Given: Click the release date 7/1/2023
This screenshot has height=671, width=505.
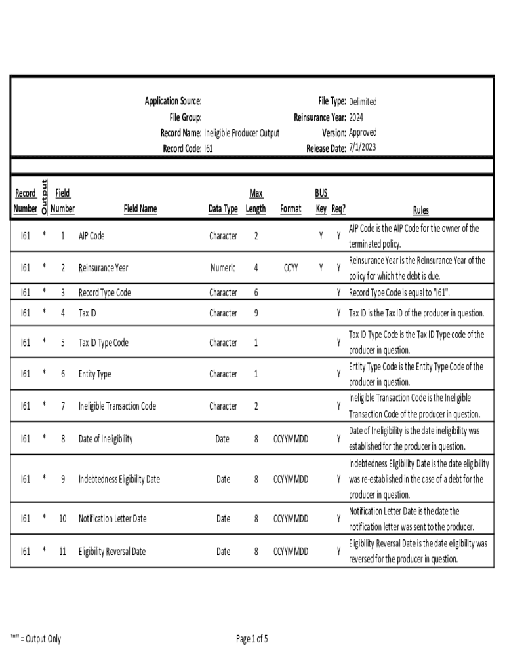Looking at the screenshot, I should tap(363, 148).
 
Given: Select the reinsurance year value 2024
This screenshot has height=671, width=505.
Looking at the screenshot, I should tap(356, 117).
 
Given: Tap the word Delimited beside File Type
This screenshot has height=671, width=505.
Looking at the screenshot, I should tap(363, 102).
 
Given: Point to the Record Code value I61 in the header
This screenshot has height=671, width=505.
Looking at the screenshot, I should tap(208, 149).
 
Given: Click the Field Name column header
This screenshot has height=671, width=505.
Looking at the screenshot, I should tap(140, 209).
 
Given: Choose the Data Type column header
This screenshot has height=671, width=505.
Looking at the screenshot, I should tap(223, 209).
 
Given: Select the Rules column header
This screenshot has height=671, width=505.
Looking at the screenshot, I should tap(420, 210).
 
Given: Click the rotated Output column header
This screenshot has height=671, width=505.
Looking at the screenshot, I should tap(44, 197).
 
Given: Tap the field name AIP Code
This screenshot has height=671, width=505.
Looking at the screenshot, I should tap(91, 236).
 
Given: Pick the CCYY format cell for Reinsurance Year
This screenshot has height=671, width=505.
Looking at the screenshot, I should tap(291, 268).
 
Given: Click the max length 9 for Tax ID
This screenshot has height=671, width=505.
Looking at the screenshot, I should tap(256, 313).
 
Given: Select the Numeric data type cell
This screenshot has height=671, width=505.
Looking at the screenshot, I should tap(223, 268).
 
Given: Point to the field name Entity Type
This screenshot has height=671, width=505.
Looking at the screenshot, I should tap(95, 374).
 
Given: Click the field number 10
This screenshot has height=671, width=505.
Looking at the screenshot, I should tap(63, 519).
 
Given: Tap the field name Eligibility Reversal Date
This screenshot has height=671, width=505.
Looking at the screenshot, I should tap(112, 552).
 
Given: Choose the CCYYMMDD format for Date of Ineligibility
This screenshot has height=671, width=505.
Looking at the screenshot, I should tap(291, 438).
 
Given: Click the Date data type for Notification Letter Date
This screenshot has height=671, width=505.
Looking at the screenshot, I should tap(223, 519).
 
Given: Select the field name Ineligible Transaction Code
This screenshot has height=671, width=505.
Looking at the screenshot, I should tap(117, 406).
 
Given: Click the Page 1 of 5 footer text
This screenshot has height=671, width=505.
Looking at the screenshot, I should tap(252, 639).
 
